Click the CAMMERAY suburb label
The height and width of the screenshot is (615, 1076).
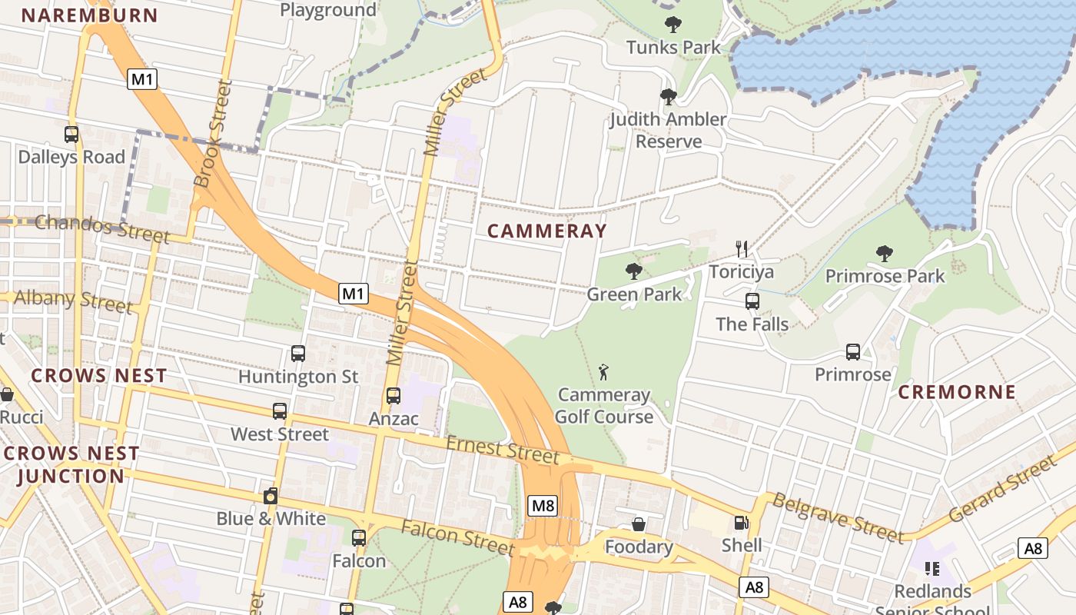coord(546,231)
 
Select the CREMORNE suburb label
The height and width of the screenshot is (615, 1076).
coord(956,391)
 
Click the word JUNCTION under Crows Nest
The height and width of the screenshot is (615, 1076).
coord(70,476)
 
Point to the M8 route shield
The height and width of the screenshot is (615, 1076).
coord(543,505)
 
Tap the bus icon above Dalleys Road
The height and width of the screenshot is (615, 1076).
coord(71,135)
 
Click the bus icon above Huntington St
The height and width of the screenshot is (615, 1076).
coord(298,354)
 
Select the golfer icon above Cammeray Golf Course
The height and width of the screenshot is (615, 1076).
coord(603,373)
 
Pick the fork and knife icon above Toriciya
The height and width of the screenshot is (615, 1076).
coord(742,249)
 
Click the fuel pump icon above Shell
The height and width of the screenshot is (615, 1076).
coord(742,523)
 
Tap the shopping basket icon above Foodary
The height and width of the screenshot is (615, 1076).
coord(639,524)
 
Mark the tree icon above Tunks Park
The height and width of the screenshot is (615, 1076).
coord(673,25)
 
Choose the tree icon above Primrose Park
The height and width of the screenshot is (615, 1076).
coord(885,253)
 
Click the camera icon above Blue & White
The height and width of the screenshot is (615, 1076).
coord(270,496)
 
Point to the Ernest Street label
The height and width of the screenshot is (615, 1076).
coord(503,450)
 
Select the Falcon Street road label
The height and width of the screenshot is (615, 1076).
coord(457,537)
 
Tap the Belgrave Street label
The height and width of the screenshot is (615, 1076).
coord(837,517)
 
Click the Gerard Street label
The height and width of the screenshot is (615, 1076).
coord(1002,489)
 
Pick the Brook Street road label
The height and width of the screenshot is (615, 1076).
coord(213,134)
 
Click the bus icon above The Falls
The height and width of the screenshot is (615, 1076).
coord(752,301)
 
